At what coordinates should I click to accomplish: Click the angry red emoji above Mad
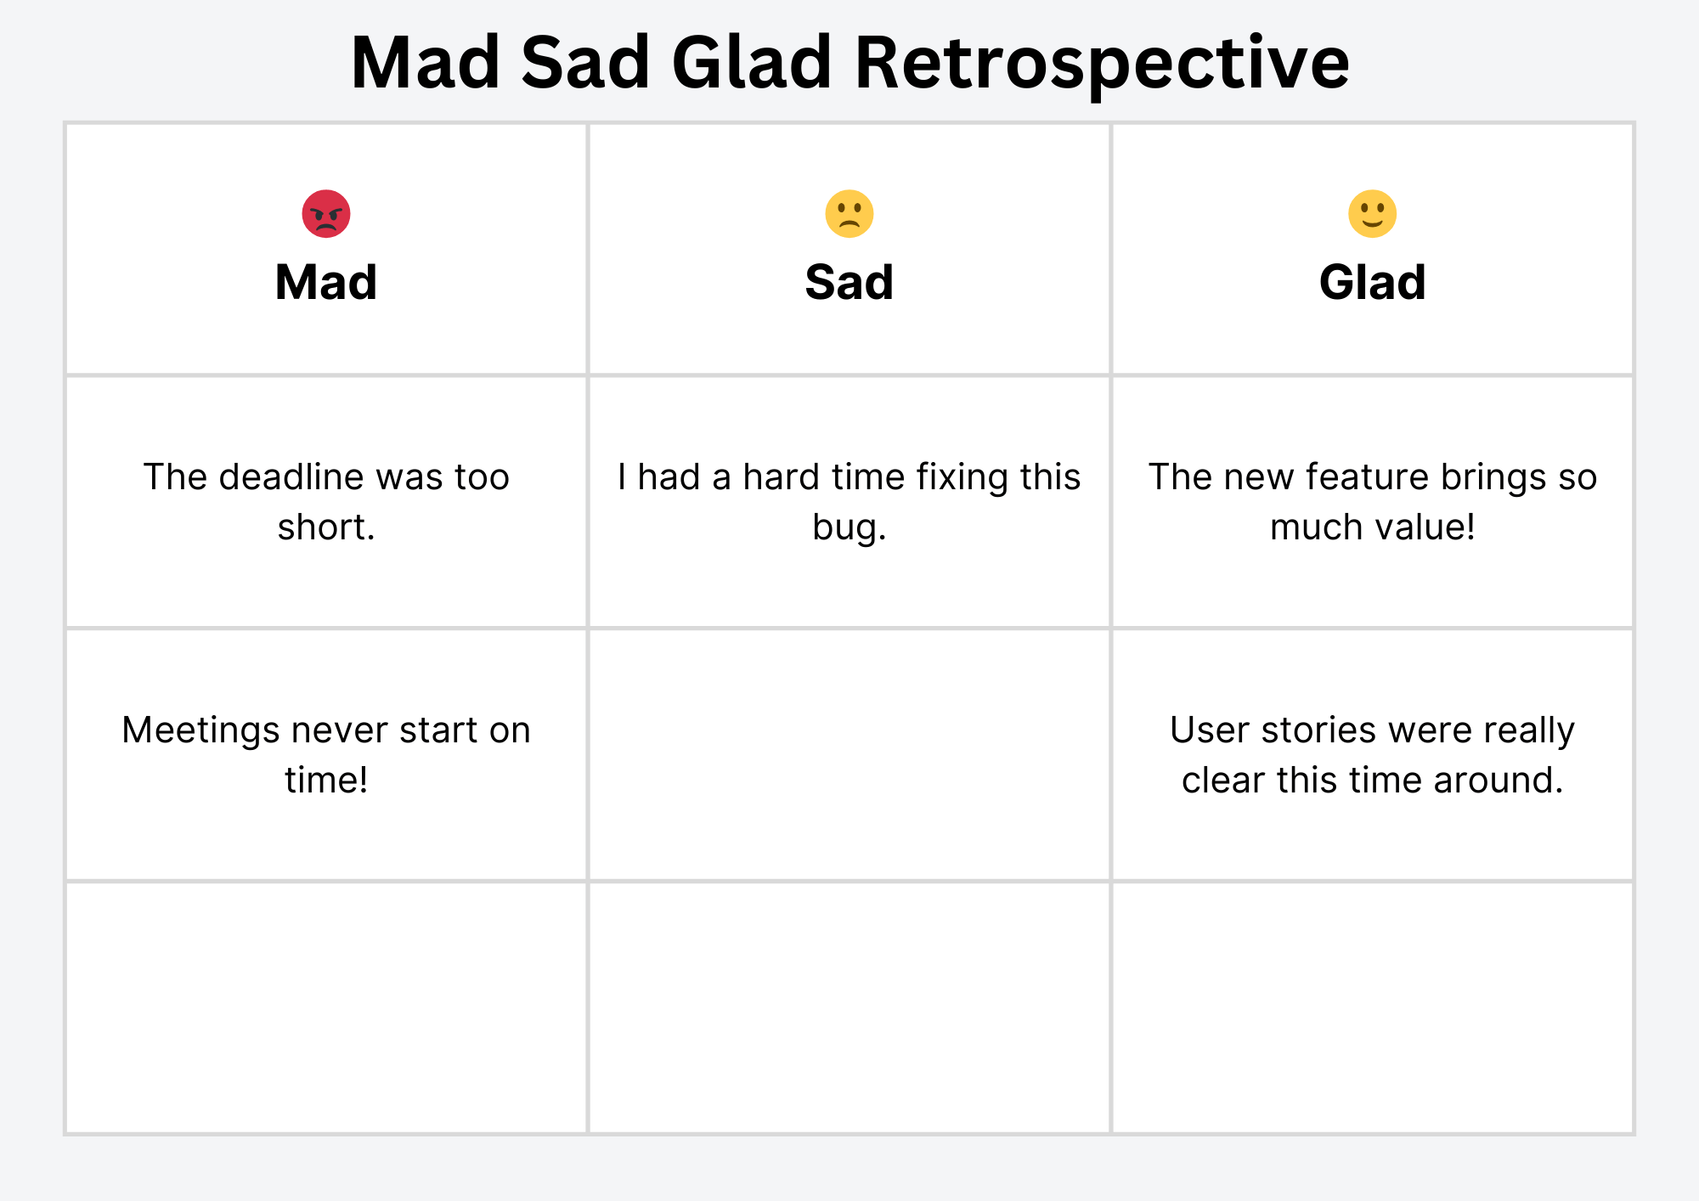click(x=326, y=213)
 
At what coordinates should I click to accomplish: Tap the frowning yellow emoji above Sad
click(x=849, y=213)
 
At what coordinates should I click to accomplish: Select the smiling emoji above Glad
click(x=1373, y=213)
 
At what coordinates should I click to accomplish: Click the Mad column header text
click(x=326, y=282)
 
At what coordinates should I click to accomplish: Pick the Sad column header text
click(x=849, y=282)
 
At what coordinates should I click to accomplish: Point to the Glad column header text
click(x=1373, y=282)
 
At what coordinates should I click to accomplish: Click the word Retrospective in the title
click(x=1102, y=64)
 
